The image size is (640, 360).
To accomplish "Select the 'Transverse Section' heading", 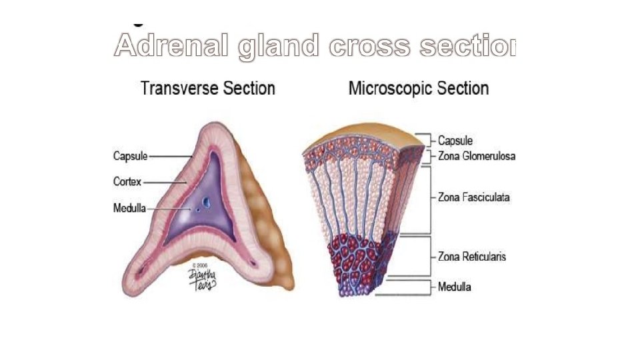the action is pyautogui.click(x=208, y=89).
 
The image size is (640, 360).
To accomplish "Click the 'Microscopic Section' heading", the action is pyautogui.click(x=419, y=89).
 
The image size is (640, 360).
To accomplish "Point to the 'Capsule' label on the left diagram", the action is pyautogui.click(x=130, y=157).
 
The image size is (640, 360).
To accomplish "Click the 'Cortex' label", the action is pyautogui.click(x=127, y=181).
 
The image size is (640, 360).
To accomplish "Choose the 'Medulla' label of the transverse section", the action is pyautogui.click(x=129, y=208).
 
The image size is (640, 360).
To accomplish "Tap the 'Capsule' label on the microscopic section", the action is pyautogui.click(x=455, y=141).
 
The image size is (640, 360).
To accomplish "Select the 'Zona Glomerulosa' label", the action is pyautogui.click(x=476, y=156).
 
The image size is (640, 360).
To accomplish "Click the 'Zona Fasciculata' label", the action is pyautogui.click(x=473, y=198).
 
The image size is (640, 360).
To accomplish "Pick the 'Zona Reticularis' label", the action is pyautogui.click(x=471, y=257).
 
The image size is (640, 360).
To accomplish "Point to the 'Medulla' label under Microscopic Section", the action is pyautogui.click(x=455, y=287).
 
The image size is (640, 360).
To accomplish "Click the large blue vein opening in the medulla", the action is pyautogui.click(x=206, y=200).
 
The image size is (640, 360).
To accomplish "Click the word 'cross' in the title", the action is pyautogui.click(x=370, y=45).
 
